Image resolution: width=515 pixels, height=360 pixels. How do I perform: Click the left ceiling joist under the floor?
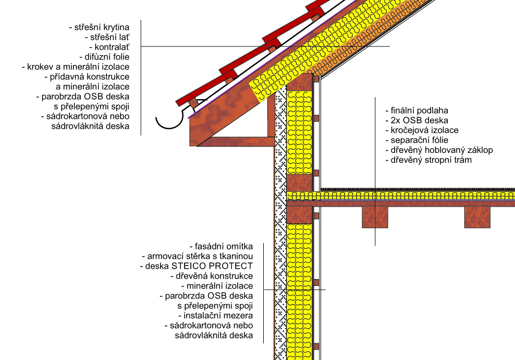(x=375, y=217)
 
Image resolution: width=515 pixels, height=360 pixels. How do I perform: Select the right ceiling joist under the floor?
(x=477, y=217)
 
